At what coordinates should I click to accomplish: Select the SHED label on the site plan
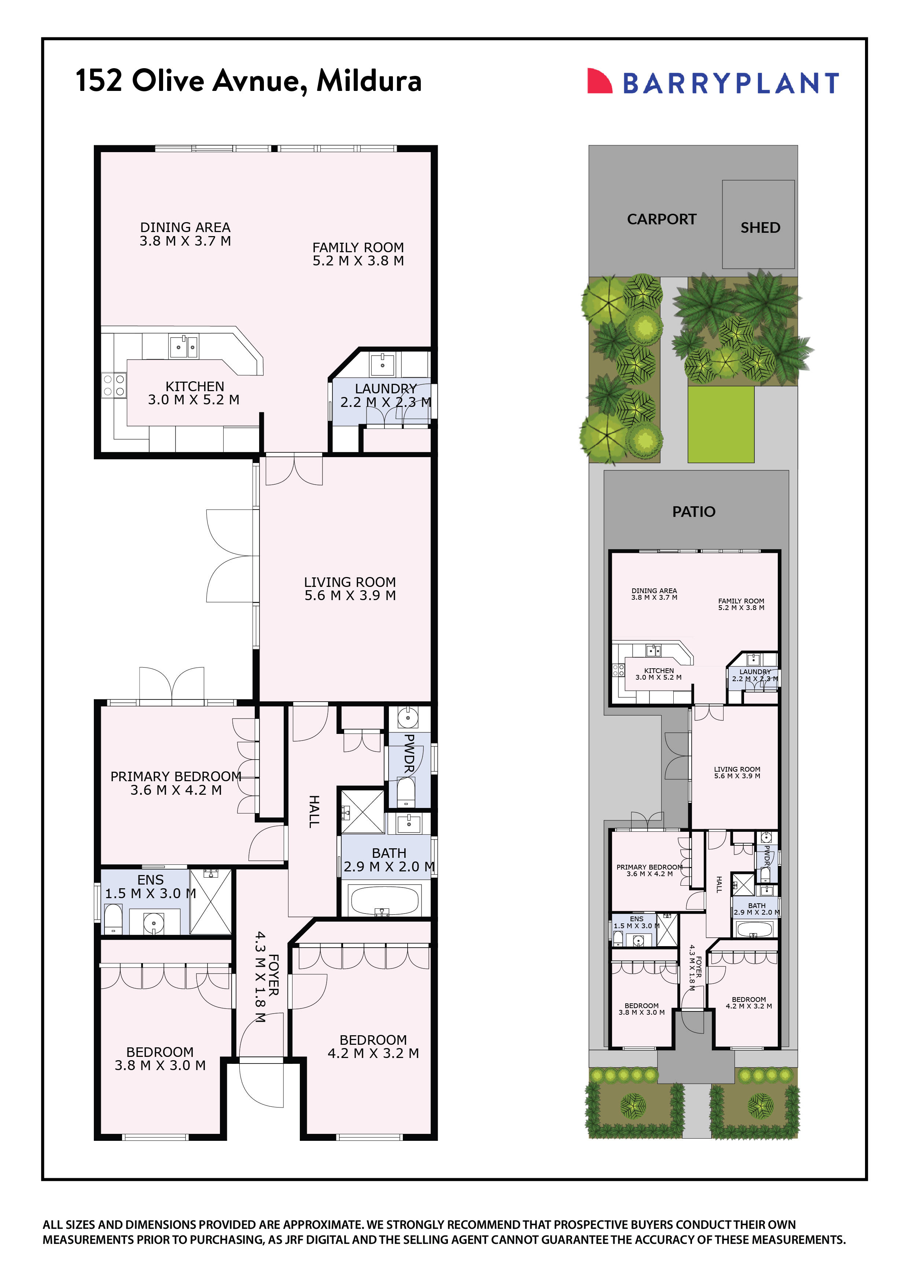click(760, 227)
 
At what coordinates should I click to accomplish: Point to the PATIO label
click(693, 511)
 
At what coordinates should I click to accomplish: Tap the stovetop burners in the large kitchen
click(114, 385)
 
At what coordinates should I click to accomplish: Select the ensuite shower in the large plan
click(211, 902)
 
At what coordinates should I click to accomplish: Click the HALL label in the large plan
click(314, 811)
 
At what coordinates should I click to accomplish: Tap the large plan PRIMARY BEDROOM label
click(176, 776)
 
